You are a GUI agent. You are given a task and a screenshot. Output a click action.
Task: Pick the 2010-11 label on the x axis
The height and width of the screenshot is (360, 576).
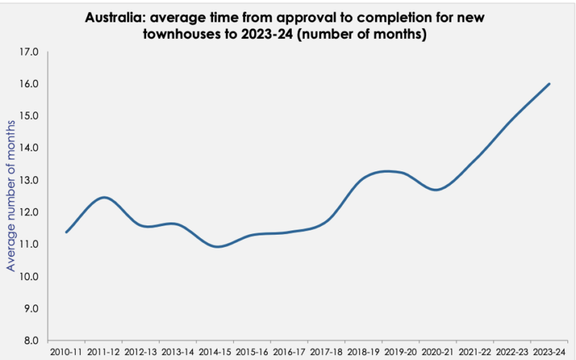pos(66,352)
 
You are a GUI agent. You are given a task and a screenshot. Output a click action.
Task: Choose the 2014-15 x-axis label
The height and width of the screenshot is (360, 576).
pos(215,352)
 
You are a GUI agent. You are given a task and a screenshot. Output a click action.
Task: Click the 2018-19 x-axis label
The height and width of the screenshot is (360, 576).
pos(364,352)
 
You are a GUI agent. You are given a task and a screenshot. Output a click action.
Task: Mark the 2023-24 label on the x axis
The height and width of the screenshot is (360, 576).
pos(549,352)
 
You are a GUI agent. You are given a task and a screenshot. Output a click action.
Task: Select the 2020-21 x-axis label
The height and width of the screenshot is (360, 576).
pos(438,352)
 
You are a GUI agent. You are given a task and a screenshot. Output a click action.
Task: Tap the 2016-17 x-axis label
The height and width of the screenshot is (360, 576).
pos(289,352)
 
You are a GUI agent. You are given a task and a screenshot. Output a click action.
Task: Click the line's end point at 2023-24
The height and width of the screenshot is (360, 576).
pos(549,84)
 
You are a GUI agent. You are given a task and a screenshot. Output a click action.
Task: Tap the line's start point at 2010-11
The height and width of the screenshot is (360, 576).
pos(66,232)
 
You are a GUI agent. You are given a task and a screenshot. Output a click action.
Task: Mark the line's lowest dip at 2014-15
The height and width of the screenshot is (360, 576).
pos(219,246)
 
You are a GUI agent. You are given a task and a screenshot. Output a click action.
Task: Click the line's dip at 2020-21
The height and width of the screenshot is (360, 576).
pos(436,190)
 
